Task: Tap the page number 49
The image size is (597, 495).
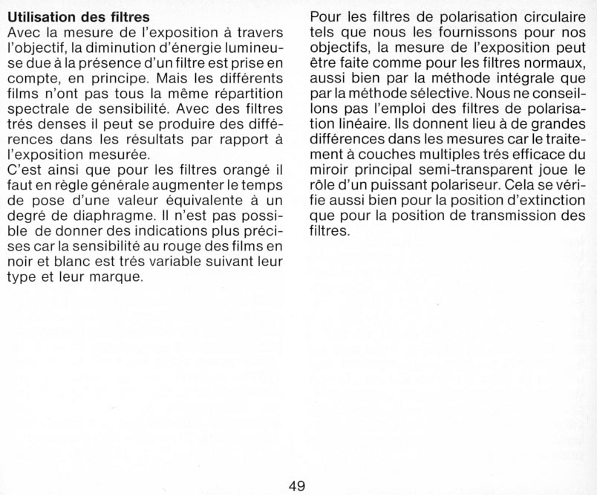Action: tap(297, 486)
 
